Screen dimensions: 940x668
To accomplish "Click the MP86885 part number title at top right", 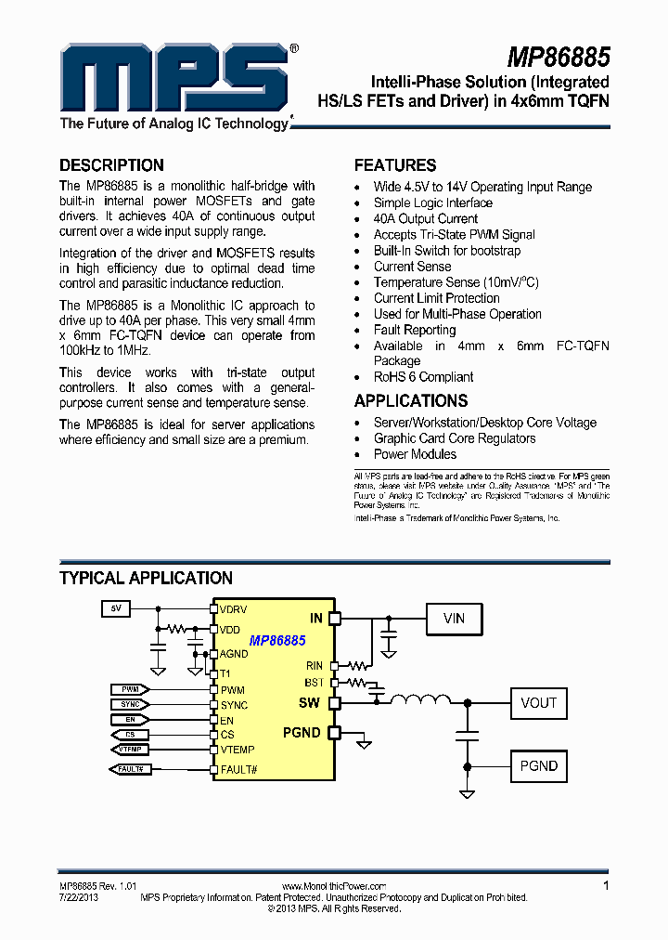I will (x=559, y=58).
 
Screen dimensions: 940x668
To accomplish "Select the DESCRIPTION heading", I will (x=111, y=165).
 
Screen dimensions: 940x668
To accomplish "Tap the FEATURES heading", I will (x=395, y=165).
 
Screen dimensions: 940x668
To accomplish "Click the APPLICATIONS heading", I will (x=411, y=401).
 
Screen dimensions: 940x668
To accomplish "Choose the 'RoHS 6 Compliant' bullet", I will (x=423, y=377).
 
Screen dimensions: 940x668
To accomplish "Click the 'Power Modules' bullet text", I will (x=415, y=454).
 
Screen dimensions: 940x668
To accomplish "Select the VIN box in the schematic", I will (x=454, y=618).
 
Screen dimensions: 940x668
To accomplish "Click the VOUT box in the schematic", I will (x=538, y=703).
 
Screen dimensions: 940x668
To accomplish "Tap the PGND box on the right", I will (x=538, y=766).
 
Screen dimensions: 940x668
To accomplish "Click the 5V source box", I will (x=116, y=609).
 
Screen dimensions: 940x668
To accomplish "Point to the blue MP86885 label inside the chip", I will (x=277, y=641).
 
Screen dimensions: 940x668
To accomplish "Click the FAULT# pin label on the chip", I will (x=238, y=769).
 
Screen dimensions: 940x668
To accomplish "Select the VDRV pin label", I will (x=234, y=609).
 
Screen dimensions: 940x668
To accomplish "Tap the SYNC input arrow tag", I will (x=129, y=705).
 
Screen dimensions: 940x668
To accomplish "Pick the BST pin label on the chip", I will (x=315, y=683).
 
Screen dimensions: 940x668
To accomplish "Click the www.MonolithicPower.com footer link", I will (x=333, y=887).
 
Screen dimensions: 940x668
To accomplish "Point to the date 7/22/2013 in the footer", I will (x=79, y=897).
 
